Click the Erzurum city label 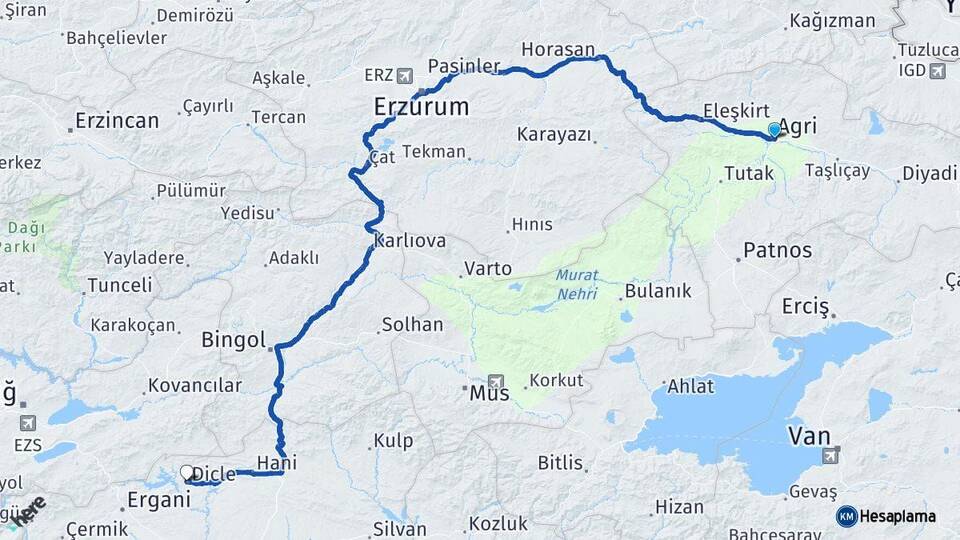pyautogui.click(x=420, y=106)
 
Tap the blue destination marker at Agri pyautogui.click(x=774, y=130)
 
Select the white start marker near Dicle pyautogui.click(x=186, y=472)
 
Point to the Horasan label pyautogui.click(x=558, y=48)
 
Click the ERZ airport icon pyautogui.click(x=404, y=75)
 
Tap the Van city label pyautogui.click(x=809, y=436)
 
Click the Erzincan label pyautogui.click(x=116, y=121)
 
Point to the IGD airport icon pyautogui.click(x=937, y=70)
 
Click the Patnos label pyautogui.click(x=777, y=250)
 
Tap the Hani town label pyautogui.click(x=276, y=462)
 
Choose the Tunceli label pyautogui.click(x=119, y=285)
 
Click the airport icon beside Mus pyautogui.click(x=495, y=381)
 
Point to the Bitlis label pyautogui.click(x=560, y=463)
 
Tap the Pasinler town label pyautogui.click(x=464, y=66)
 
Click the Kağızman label pyautogui.click(x=832, y=21)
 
